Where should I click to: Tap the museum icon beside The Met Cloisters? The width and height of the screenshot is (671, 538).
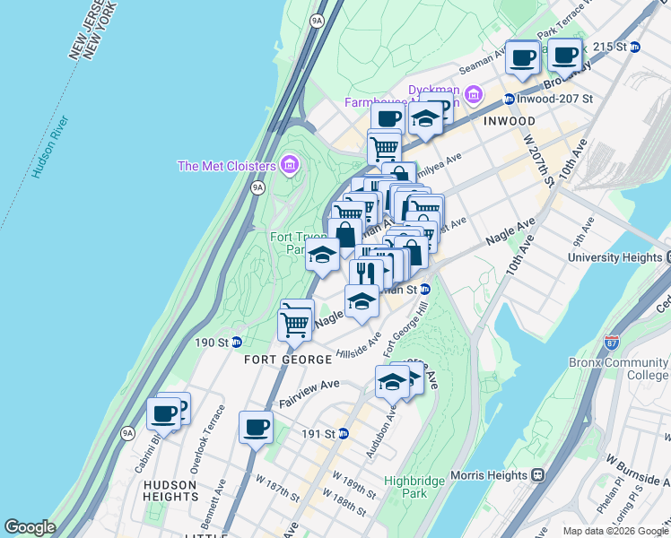(289, 165)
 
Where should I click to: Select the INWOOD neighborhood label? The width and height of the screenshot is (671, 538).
(510, 121)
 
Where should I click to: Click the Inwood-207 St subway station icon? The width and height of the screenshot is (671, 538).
(509, 100)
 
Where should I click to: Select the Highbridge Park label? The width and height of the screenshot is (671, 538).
(414, 487)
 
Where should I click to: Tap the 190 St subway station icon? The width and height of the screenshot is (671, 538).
(236, 342)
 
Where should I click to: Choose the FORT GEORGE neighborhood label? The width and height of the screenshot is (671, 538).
(288, 360)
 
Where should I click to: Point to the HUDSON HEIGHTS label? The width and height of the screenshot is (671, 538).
(170, 490)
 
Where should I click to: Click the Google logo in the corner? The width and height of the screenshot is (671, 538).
(30, 527)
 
